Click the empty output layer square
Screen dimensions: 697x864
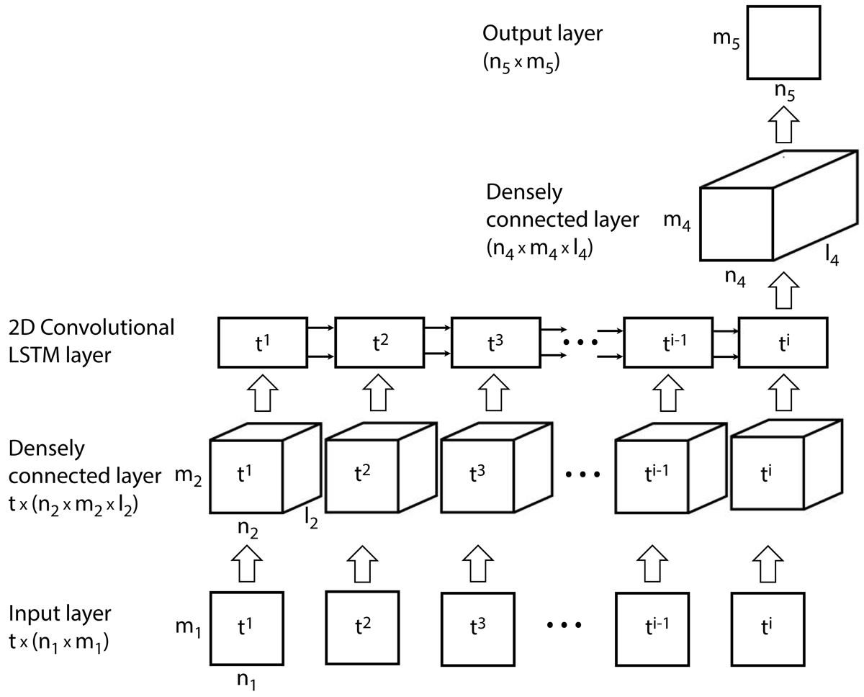(784, 42)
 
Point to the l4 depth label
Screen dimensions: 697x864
(834, 255)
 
